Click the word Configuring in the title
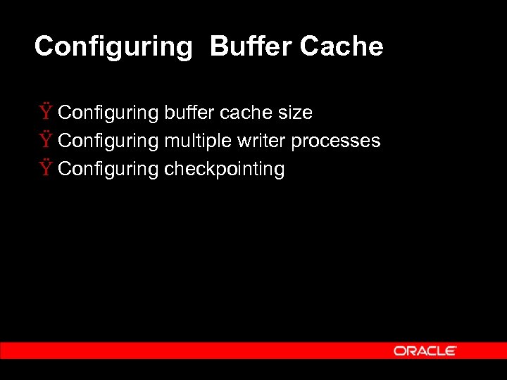(x=113, y=47)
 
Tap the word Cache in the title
(x=342, y=46)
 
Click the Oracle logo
(x=425, y=350)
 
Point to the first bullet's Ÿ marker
(x=46, y=112)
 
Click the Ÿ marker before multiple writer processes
(x=46, y=140)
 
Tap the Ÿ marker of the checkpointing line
(x=46, y=168)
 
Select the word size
(x=294, y=113)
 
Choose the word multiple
(x=197, y=141)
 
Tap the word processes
(x=336, y=141)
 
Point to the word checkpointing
(x=224, y=170)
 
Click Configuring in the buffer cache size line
(x=108, y=113)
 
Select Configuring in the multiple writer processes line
(x=108, y=141)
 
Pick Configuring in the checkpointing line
(x=108, y=170)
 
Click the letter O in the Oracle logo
(x=399, y=350)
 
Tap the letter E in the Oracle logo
(x=451, y=350)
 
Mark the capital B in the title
(x=218, y=46)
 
